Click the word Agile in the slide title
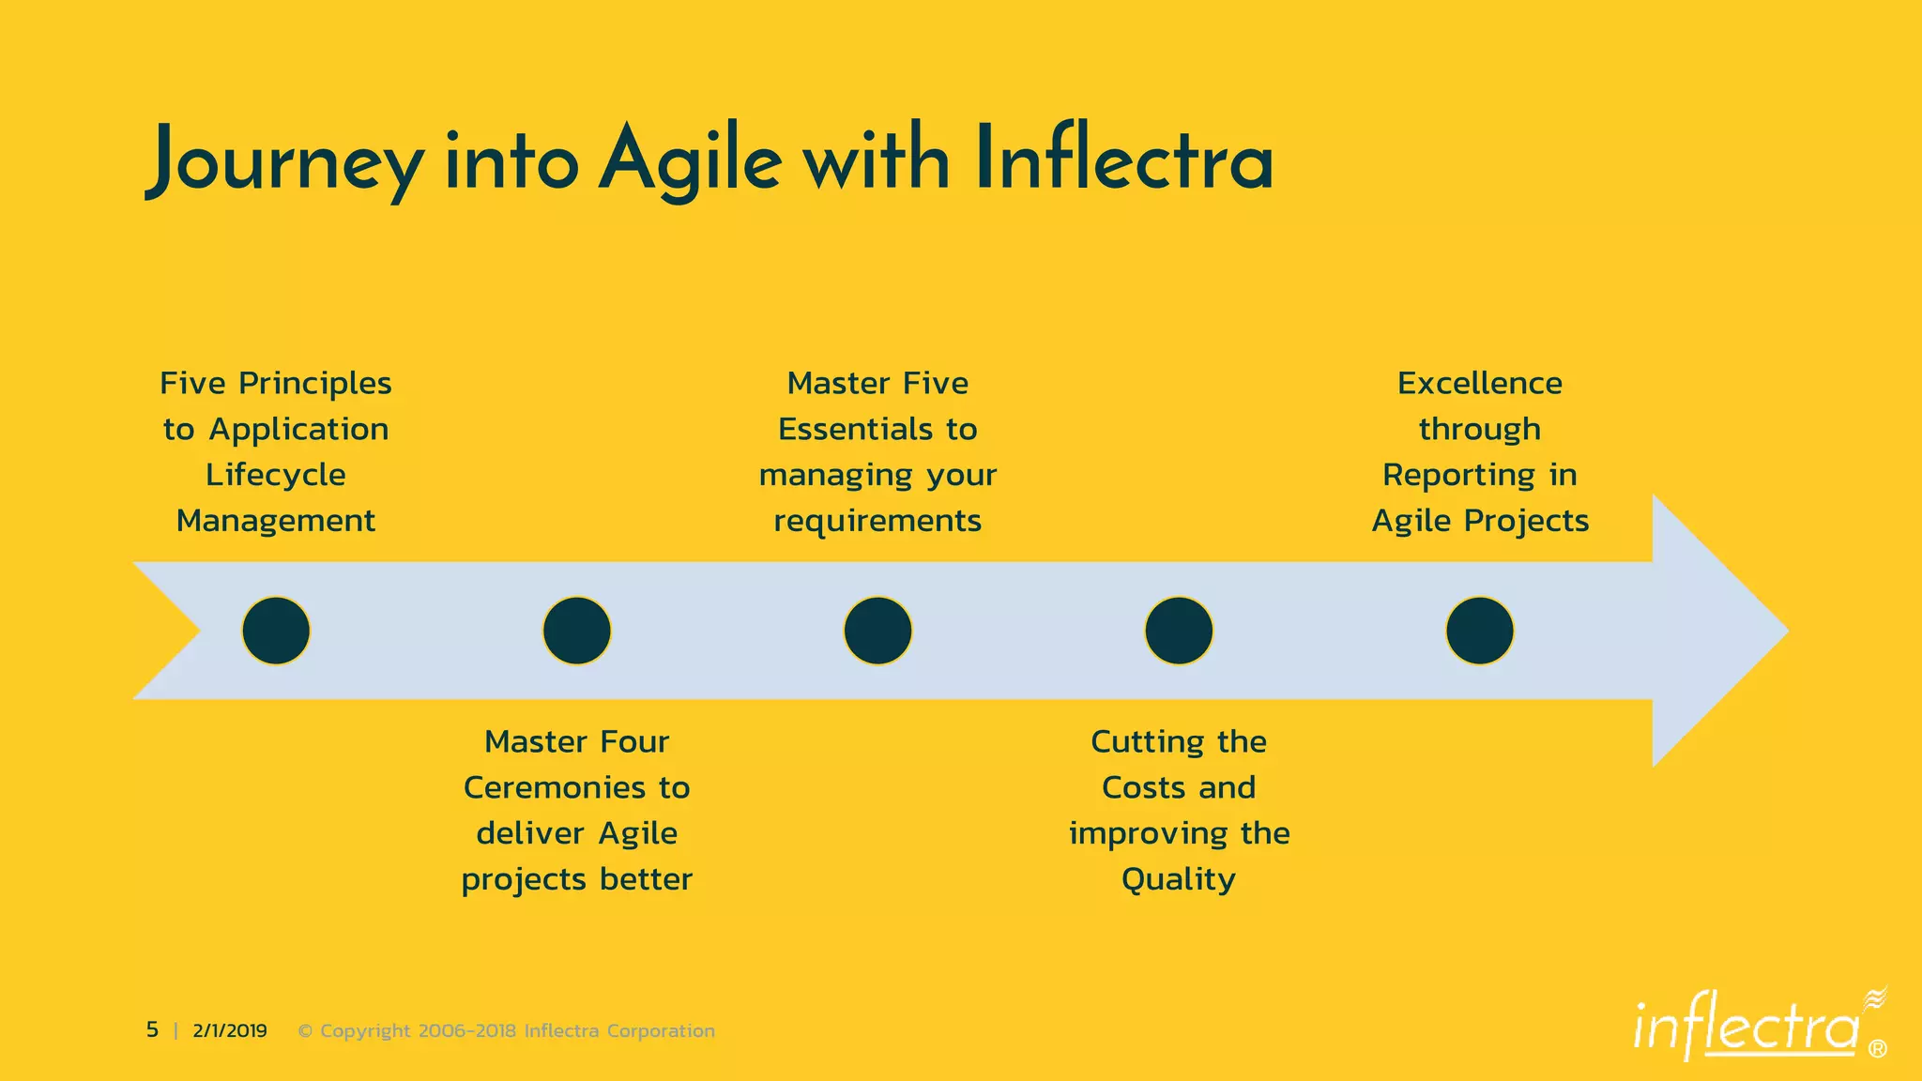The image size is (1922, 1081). [x=690, y=161]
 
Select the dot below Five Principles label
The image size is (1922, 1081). [x=276, y=631]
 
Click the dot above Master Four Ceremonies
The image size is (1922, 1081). [x=577, y=631]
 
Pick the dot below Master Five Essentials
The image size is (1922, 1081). [x=877, y=631]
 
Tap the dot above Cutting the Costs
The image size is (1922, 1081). [x=1179, y=631]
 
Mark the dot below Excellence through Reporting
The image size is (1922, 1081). [x=1480, y=631]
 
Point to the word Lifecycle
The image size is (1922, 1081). [x=276, y=475]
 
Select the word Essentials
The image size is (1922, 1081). [x=855, y=429]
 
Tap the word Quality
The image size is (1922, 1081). [x=1179, y=879]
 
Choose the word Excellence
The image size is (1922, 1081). [x=1480, y=383]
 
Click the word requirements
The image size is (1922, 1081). [x=877, y=521]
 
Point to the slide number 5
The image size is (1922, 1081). [x=152, y=1030]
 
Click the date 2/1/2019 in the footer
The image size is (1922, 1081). [x=230, y=1030]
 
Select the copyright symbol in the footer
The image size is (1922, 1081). [x=305, y=1030]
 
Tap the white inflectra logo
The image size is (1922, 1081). [x=1746, y=1028]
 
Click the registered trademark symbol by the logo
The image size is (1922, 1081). [x=1877, y=1049]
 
